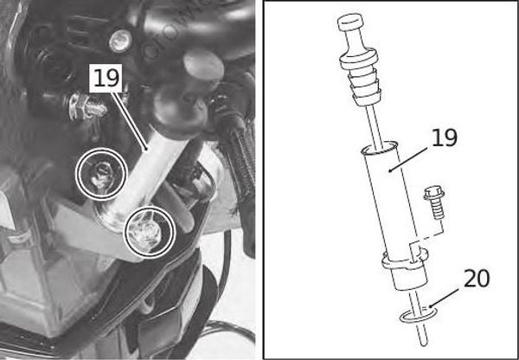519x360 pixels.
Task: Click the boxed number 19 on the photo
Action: tap(106, 79)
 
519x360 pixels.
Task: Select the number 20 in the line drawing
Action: tap(476, 279)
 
